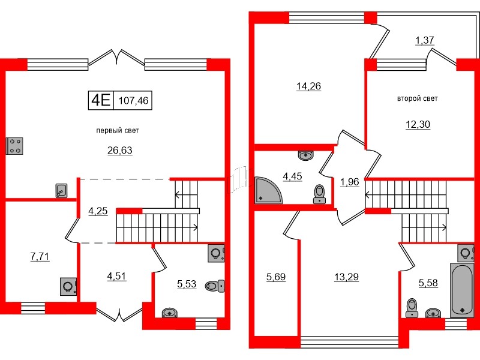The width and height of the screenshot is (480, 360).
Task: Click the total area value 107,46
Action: (x=133, y=100)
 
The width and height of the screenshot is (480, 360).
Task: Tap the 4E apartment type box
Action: (x=101, y=100)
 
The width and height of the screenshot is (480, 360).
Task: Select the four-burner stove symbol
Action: (x=14, y=146)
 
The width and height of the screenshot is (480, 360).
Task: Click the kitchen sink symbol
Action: (x=61, y=191)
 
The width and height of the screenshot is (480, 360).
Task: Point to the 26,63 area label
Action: (x=119, y=151)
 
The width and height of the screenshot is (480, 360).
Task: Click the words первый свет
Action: (x=118, y=130)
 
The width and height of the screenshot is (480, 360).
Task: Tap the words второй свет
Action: (x=417, y=98)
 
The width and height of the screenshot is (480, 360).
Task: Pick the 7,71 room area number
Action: (x=40, y=256)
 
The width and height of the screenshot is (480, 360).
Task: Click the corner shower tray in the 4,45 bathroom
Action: (x=268, y=191)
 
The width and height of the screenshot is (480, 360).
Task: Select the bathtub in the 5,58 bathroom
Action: (x=461, y=290)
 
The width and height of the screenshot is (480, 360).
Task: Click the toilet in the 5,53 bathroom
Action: (x=215, y=286)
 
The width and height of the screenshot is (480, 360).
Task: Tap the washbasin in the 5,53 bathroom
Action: (x=169, y=313)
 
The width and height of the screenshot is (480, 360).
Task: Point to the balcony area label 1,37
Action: (x=425, y=40)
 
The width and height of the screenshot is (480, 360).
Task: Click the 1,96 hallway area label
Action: (x=349, y=182)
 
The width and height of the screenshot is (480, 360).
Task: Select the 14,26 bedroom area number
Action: (x=308, y=86)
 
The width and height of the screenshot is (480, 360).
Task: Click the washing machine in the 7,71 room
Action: (x=68, y=287)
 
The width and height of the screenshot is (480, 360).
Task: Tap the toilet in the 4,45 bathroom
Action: (x=319, y=194)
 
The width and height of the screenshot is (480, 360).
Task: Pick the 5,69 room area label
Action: (x=276, y=277)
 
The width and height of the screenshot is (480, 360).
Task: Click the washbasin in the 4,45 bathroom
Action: (x=305, y=156)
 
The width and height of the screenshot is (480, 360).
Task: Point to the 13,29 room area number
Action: (x=346, y=277)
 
